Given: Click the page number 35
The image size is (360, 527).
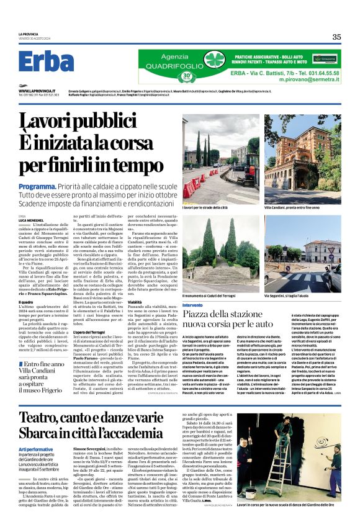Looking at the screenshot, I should click(336, 37).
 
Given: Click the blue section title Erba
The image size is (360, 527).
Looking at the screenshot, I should click(47, 62).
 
